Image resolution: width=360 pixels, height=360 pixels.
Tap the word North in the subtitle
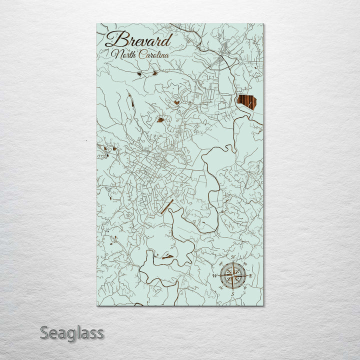pos(124,54)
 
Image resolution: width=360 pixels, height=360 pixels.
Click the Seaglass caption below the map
pos(72,332)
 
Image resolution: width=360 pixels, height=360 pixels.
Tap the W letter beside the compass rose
pos(215,275)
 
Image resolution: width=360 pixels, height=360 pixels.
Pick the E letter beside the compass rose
pos(251,275)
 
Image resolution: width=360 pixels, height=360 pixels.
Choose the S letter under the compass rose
pos(232,294)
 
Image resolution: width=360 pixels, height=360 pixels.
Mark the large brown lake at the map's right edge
pos(246,102)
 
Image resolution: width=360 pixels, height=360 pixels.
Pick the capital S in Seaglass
pos(45,332)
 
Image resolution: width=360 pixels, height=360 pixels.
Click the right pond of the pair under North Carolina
pos(154,73)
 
